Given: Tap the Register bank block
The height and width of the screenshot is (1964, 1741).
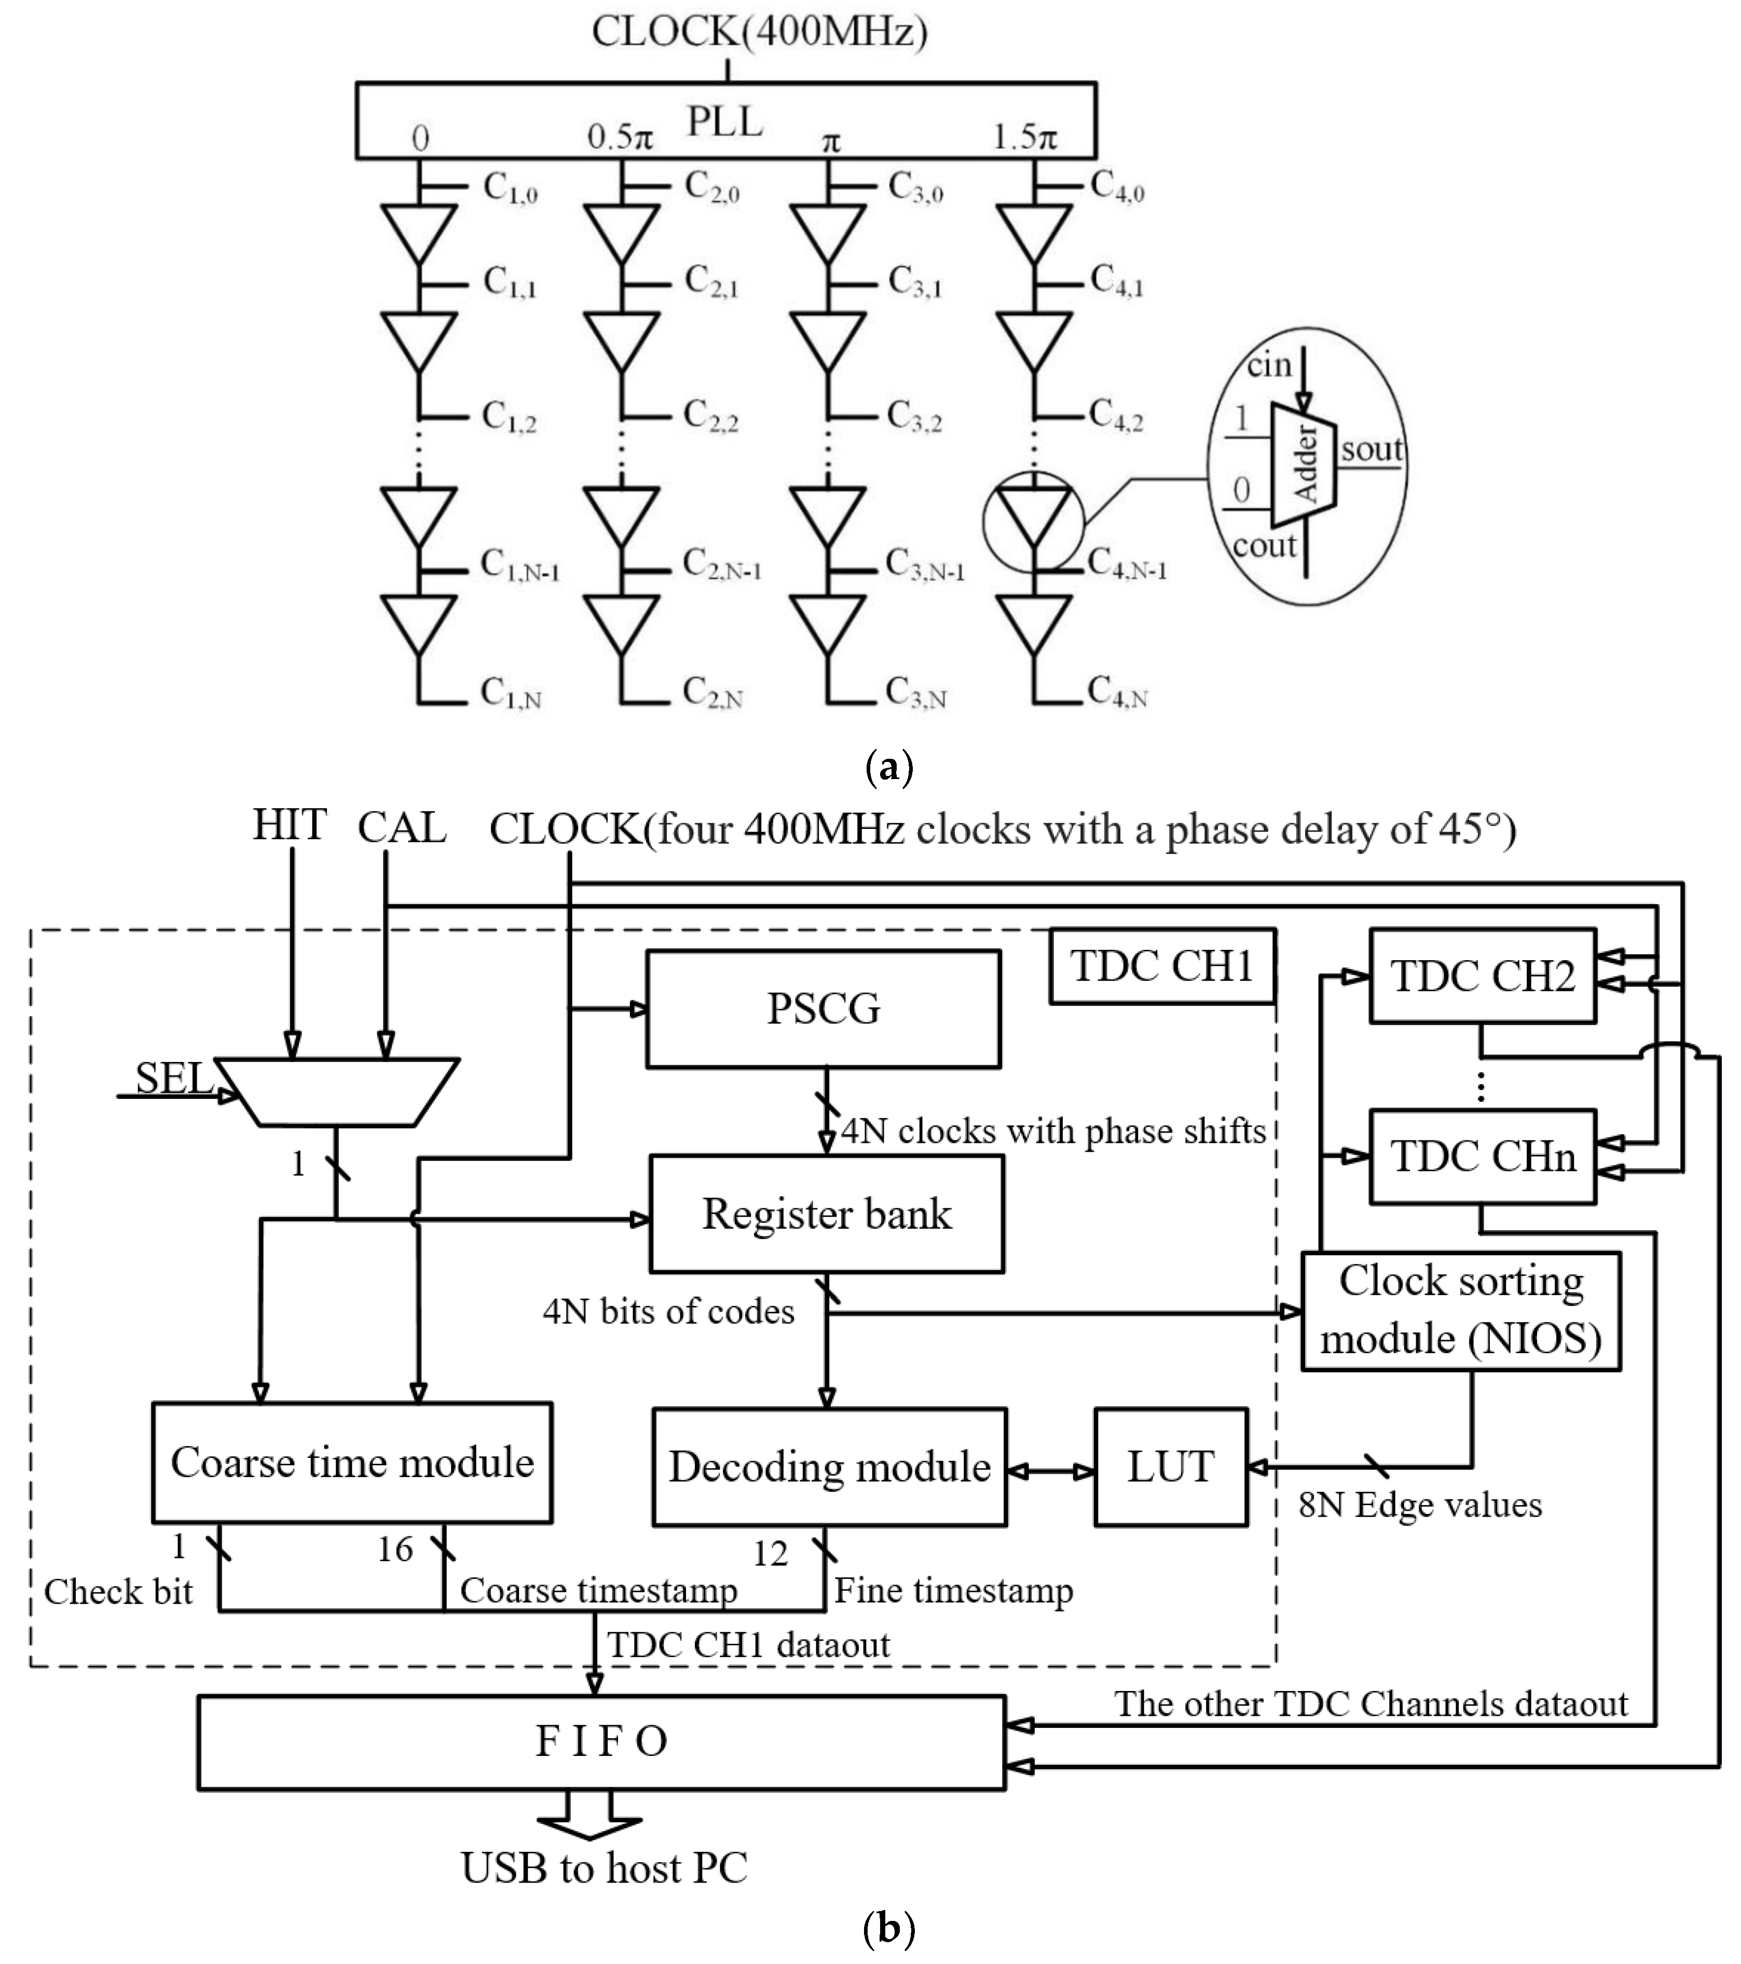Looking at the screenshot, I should point(826,1213).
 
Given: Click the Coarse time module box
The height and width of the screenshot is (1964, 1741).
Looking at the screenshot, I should point(352,1463).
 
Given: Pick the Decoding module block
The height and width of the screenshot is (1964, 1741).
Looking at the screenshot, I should point(829,1467).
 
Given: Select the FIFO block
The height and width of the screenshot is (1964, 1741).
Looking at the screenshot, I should point(601,1741).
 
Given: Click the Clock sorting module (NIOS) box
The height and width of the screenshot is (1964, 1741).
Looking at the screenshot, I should point(1460,1311).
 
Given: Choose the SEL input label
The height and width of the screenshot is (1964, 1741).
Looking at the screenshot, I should point(173,1078).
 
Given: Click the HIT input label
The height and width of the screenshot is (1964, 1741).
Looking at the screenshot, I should point(289,824).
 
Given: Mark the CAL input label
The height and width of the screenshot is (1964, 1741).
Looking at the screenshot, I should point(402,827).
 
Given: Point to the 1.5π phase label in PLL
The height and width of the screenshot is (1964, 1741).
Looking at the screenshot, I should point(1024,138).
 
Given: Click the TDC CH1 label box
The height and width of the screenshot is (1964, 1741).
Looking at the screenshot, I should point(1162,966).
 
